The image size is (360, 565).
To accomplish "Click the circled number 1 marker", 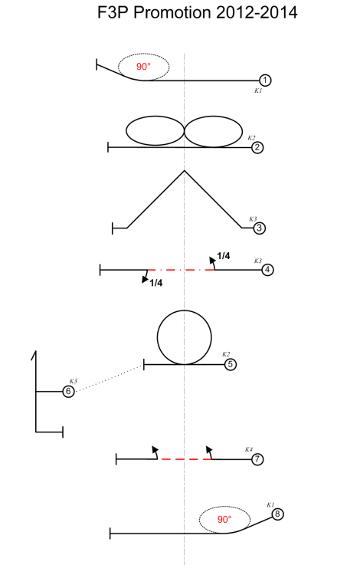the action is (x=265, y=80).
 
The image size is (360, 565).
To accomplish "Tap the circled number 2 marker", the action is (x=257, y=147).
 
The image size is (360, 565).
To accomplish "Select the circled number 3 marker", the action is (x=260, y=228).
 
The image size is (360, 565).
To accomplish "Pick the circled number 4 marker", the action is (x=267, y=270).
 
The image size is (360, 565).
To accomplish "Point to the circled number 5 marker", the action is (x=231, y=364).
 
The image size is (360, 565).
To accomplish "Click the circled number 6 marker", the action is (x=68, y=391).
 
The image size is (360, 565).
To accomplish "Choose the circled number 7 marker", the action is (x=257, y=459).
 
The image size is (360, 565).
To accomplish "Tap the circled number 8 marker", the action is (x=277, y=514).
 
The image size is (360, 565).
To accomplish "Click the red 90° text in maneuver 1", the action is (x=143, y=67).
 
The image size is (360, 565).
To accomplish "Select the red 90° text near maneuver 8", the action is (x=224, y=519).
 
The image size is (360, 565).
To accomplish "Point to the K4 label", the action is (x=249, y=449).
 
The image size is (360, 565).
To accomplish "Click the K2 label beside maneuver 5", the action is (x=226, y=354).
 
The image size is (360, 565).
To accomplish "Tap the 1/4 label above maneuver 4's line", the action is (x=224, y=256).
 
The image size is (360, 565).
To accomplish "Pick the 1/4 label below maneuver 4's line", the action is (x=156, y=283).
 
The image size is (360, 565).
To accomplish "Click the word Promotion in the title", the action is (x=172, y=12).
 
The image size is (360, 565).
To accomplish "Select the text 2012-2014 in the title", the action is (x=257, y=12).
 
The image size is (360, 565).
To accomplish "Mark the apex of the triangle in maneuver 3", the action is (x=185, y=170).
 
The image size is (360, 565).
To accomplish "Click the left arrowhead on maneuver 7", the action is (x=155, y=449).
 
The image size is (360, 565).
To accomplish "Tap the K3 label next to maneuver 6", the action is (x=73, y=381).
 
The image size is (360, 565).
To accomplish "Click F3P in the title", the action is (x=113, y=12).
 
